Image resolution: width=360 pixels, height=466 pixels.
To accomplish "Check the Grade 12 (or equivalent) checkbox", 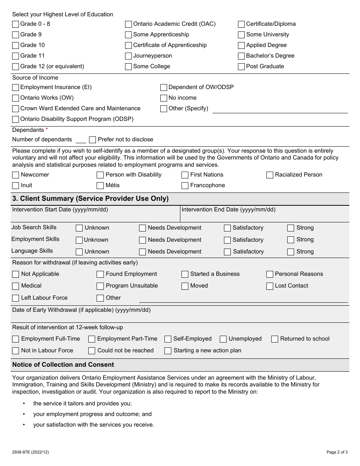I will [x=16, y=67].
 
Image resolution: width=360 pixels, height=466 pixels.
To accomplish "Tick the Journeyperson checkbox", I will [x=128, y=56].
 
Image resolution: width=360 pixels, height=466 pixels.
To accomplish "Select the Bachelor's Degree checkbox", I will [x=241, y=56].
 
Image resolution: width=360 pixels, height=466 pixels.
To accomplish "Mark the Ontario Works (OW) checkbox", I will [x=16, y=98].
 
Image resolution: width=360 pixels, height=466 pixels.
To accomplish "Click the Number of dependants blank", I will [x=81, y=139].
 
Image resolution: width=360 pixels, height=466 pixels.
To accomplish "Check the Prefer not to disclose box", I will [x=92, y=140].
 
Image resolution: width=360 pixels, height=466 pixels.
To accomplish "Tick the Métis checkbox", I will [x=100, y=186].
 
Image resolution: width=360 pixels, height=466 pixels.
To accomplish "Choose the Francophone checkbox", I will [x=185, y=186].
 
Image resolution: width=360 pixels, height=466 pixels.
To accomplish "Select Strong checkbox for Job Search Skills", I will [x=291, y=228].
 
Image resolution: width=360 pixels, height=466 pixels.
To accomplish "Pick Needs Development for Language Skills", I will [x=142, y=252].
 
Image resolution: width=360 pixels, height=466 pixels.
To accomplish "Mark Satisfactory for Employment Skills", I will [x=227, y=240].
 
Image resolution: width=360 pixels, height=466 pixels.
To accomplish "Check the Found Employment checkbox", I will [x=100, y=274].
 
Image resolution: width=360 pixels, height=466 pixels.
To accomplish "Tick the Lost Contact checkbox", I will [x=270, y=286].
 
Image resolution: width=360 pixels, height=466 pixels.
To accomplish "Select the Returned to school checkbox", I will [x=275, y=339].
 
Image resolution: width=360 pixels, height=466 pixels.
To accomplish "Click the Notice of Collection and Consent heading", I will [x=63, y=365].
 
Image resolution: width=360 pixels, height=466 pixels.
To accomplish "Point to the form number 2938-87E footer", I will [x=30, y=452].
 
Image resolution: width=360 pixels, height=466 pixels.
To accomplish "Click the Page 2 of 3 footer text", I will [x=337, y=452].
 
